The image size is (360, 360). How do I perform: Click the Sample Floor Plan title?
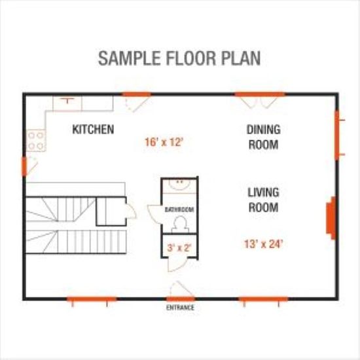pos(179,58)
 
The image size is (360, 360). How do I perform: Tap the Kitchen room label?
pos(93,129)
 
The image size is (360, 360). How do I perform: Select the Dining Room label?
pos(264,137)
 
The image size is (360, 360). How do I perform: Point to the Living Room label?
pos(264,200)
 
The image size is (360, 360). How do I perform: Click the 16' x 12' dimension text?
pos(164,142)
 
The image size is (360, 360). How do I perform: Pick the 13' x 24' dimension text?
pos(263,244)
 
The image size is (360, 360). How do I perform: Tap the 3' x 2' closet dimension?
pos(179,248)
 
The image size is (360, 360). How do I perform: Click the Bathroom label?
pos(179,209)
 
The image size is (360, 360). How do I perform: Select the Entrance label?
pos(180,308)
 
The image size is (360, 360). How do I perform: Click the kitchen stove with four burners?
pos(36,141)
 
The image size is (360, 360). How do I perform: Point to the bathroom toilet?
pos(180,224)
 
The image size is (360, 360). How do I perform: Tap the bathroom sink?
pos(180,184)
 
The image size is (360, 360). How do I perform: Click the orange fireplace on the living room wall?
pos(331,218)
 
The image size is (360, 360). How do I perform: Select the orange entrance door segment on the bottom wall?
pos(181,299)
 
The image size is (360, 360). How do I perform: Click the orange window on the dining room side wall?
pos(337,135)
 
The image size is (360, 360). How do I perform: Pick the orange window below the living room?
pos(263,299)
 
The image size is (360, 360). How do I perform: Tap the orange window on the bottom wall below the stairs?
pos(92,299)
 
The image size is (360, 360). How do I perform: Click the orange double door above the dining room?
pos(260,94)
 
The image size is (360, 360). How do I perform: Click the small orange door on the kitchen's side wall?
pos(24,166)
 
